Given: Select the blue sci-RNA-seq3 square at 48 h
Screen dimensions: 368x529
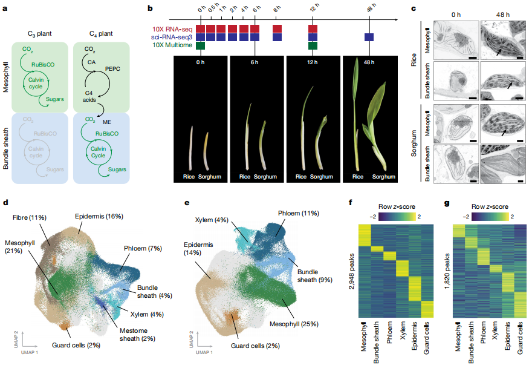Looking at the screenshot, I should click(x=368, y=37).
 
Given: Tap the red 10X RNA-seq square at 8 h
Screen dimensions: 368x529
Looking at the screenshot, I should click(x=277, y=28).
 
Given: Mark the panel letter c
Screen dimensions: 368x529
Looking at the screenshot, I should click(x=414, y=9).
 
